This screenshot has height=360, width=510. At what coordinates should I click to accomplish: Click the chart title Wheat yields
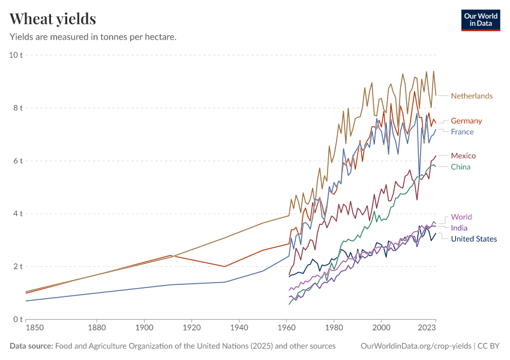(x=53, y=19)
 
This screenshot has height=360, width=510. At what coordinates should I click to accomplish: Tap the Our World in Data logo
(x=480, y=20)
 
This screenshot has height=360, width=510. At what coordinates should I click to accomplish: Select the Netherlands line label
(x=472, y=96)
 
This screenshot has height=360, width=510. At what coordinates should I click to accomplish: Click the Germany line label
(x=466, y=121)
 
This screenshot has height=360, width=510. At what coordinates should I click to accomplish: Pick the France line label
(x=462, y=132)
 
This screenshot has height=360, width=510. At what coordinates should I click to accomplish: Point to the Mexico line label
(x=463, y=156)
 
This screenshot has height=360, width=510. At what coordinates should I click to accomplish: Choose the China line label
(x=461, y=167)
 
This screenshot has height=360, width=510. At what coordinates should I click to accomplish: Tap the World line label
(x=461, y=217)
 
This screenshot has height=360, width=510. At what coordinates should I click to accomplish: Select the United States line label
(x=474, y=239)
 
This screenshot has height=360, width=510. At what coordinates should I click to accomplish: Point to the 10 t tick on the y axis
(x=16, y=55)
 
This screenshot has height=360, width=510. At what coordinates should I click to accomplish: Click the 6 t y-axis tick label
(x=17, y=161)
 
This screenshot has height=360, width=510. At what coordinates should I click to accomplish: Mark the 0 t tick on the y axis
(x=17, y=319)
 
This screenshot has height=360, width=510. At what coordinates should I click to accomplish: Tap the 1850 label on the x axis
(x=26, y=328)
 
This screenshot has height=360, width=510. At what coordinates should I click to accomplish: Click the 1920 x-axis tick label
(x=191, y=328)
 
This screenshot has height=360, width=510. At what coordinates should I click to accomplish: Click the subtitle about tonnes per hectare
(x=93, y=37)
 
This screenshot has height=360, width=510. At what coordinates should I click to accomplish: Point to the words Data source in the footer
(x=31, y=346)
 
